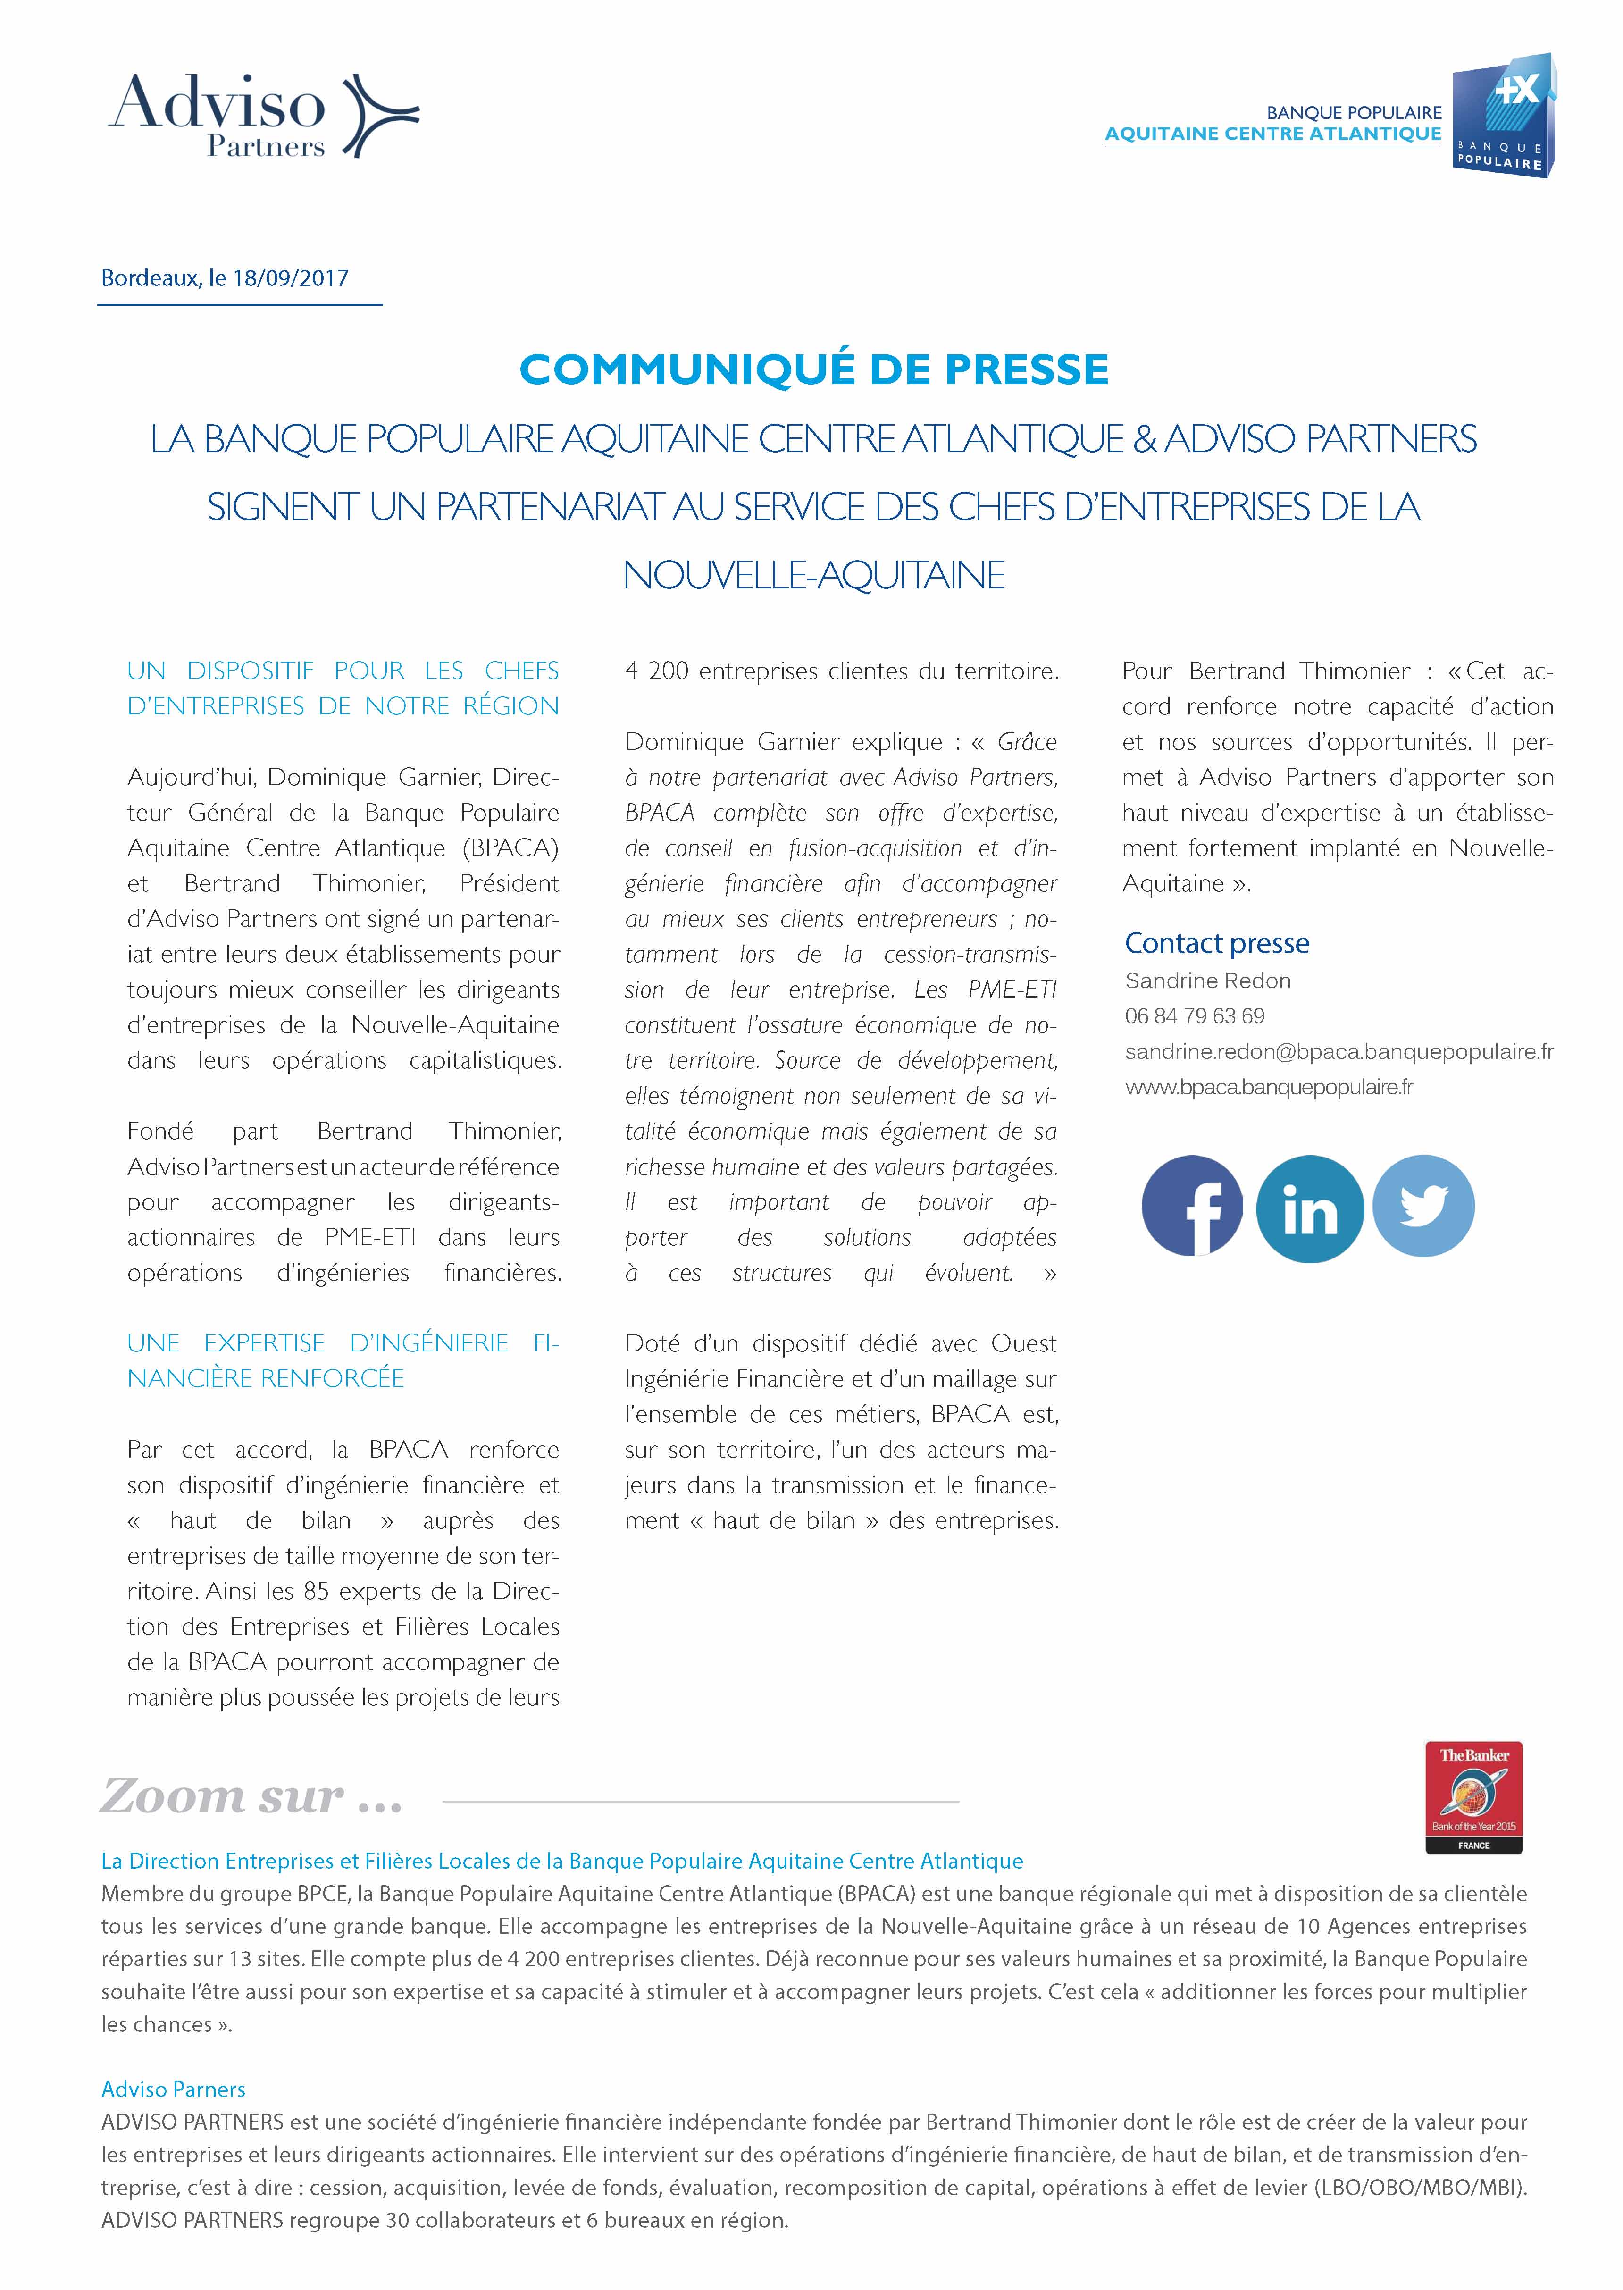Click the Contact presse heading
pyautogui.click(x=1216, y=943)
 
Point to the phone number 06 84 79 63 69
pyautogui.click(x=1194, y=1015)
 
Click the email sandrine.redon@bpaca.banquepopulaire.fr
pyautogui.click(x=1338, y=1051)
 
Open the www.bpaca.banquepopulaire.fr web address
pyautogui.click(x=1268, y=1087)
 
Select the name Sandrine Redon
pyautogui.click(x=1207, y=981)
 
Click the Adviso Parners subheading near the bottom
pyautogui.click(x=173, y=2089)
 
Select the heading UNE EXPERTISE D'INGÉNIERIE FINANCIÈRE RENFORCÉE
pyautogui.click(x=343, y=1360)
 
